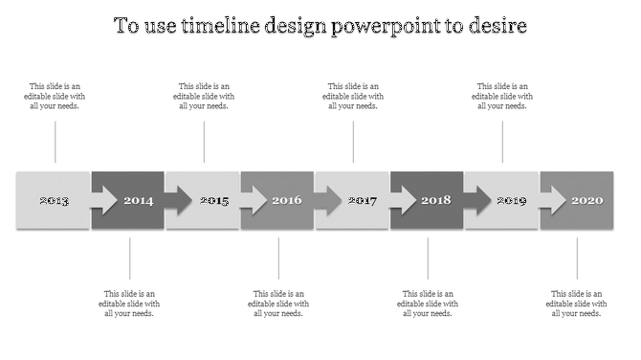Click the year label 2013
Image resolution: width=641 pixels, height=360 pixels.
[x=54, y=201]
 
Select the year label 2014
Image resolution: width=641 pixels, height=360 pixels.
[x=138, y=201]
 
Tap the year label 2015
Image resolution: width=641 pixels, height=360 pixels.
[x=214, y=201]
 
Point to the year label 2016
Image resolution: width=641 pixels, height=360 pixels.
[x=287, y=201]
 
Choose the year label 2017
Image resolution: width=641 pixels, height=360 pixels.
[x=363, y=201]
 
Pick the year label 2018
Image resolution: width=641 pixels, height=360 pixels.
[x=436, y=201]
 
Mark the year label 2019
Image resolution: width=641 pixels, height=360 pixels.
[x=512, y=201]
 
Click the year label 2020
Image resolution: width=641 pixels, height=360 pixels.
[x=586, y=201]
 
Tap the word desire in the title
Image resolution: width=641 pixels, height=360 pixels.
[x=496, y=26]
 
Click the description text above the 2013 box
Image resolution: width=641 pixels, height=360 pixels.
[x=55, y=96]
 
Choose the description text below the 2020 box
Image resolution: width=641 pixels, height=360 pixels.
[x=577, y=304]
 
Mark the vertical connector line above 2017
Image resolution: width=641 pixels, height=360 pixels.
[x=353, y=142]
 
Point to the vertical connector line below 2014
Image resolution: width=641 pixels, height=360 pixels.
[x=130, y=259]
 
